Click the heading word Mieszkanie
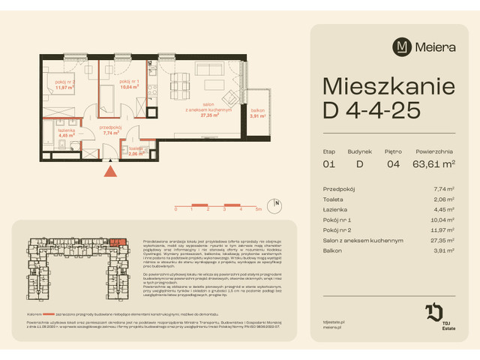(385, 84)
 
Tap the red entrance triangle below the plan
(111, 172)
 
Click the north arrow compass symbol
(277, 202)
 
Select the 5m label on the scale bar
(257, 210)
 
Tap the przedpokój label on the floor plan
(111, 129)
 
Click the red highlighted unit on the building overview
(115, 241)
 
